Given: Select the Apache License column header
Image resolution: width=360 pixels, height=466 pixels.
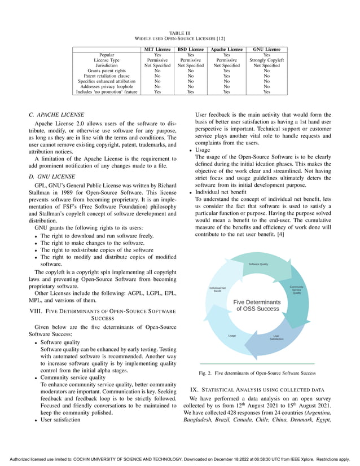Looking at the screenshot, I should coord(227,50).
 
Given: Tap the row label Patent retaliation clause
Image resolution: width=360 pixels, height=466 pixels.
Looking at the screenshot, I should coord(107,76).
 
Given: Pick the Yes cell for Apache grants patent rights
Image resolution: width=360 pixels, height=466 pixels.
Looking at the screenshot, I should coord(227,71).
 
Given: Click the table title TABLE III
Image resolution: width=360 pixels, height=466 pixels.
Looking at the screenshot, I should coord(180,34).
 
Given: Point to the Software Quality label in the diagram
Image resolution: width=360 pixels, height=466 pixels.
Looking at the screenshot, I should coord(258,265).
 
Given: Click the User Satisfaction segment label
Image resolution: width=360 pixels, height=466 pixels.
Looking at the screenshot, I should coord(276,338).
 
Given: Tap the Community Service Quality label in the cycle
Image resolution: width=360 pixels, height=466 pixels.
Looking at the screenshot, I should coord(297,290).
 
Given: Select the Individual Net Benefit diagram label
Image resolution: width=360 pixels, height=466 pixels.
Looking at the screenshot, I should coord(217,289).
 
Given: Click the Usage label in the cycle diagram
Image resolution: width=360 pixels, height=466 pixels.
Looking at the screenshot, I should coord(232,336).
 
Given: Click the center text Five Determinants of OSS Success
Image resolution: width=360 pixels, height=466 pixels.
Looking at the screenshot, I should coord(257,306).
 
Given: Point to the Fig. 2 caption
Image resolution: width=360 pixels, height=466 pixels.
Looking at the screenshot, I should coord(257,374).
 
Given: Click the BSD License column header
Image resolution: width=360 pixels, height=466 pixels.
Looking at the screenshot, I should coord(191,50).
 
